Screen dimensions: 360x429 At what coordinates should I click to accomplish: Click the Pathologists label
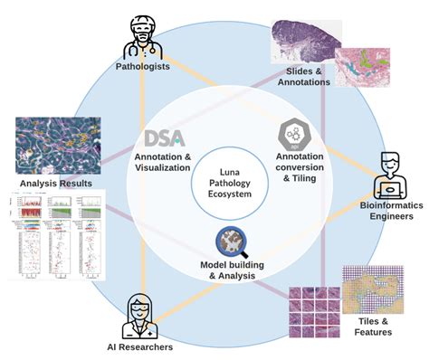point(144,66)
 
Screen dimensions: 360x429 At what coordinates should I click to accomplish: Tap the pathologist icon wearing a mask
point(143,34)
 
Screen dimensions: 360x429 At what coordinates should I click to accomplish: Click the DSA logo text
point(164,137)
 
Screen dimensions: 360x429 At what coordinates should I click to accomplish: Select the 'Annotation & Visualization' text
point(164,162)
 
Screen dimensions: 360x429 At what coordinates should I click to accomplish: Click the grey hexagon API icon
point(291,132)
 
